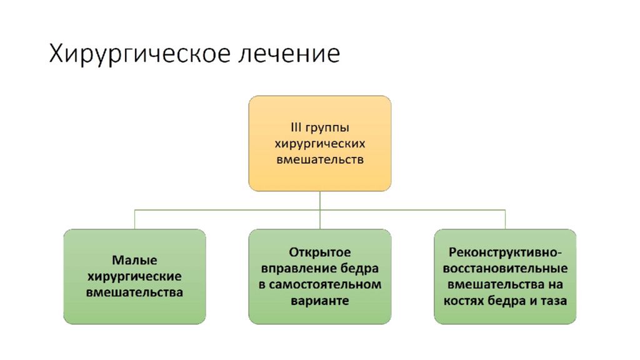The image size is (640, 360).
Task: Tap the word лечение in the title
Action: (x=289, y=54)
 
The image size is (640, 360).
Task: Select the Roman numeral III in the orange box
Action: (x=296, y=127)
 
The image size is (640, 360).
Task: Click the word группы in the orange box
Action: (x=327, y=129)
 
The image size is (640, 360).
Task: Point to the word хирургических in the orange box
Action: (x=320, y=144)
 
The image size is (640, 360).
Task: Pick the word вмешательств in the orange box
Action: (x=320, y=159)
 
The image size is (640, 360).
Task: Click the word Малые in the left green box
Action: (x=135, y=260)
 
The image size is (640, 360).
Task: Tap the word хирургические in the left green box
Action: (x=135, y=277)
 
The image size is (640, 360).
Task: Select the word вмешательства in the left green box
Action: (x=135, y=292)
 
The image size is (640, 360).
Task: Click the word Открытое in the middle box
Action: (x=320, y=252)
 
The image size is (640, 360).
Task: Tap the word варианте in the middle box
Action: (x=320, y=301)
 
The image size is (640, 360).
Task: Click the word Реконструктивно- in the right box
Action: (x=505, y=252)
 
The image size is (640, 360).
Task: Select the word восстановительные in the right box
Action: (x=505, y=269)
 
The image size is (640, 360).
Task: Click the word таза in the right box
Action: (x=554, y=301)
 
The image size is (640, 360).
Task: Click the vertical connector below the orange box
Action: (x=320, y=210)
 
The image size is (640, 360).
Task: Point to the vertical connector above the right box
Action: (x=505, y=219)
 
